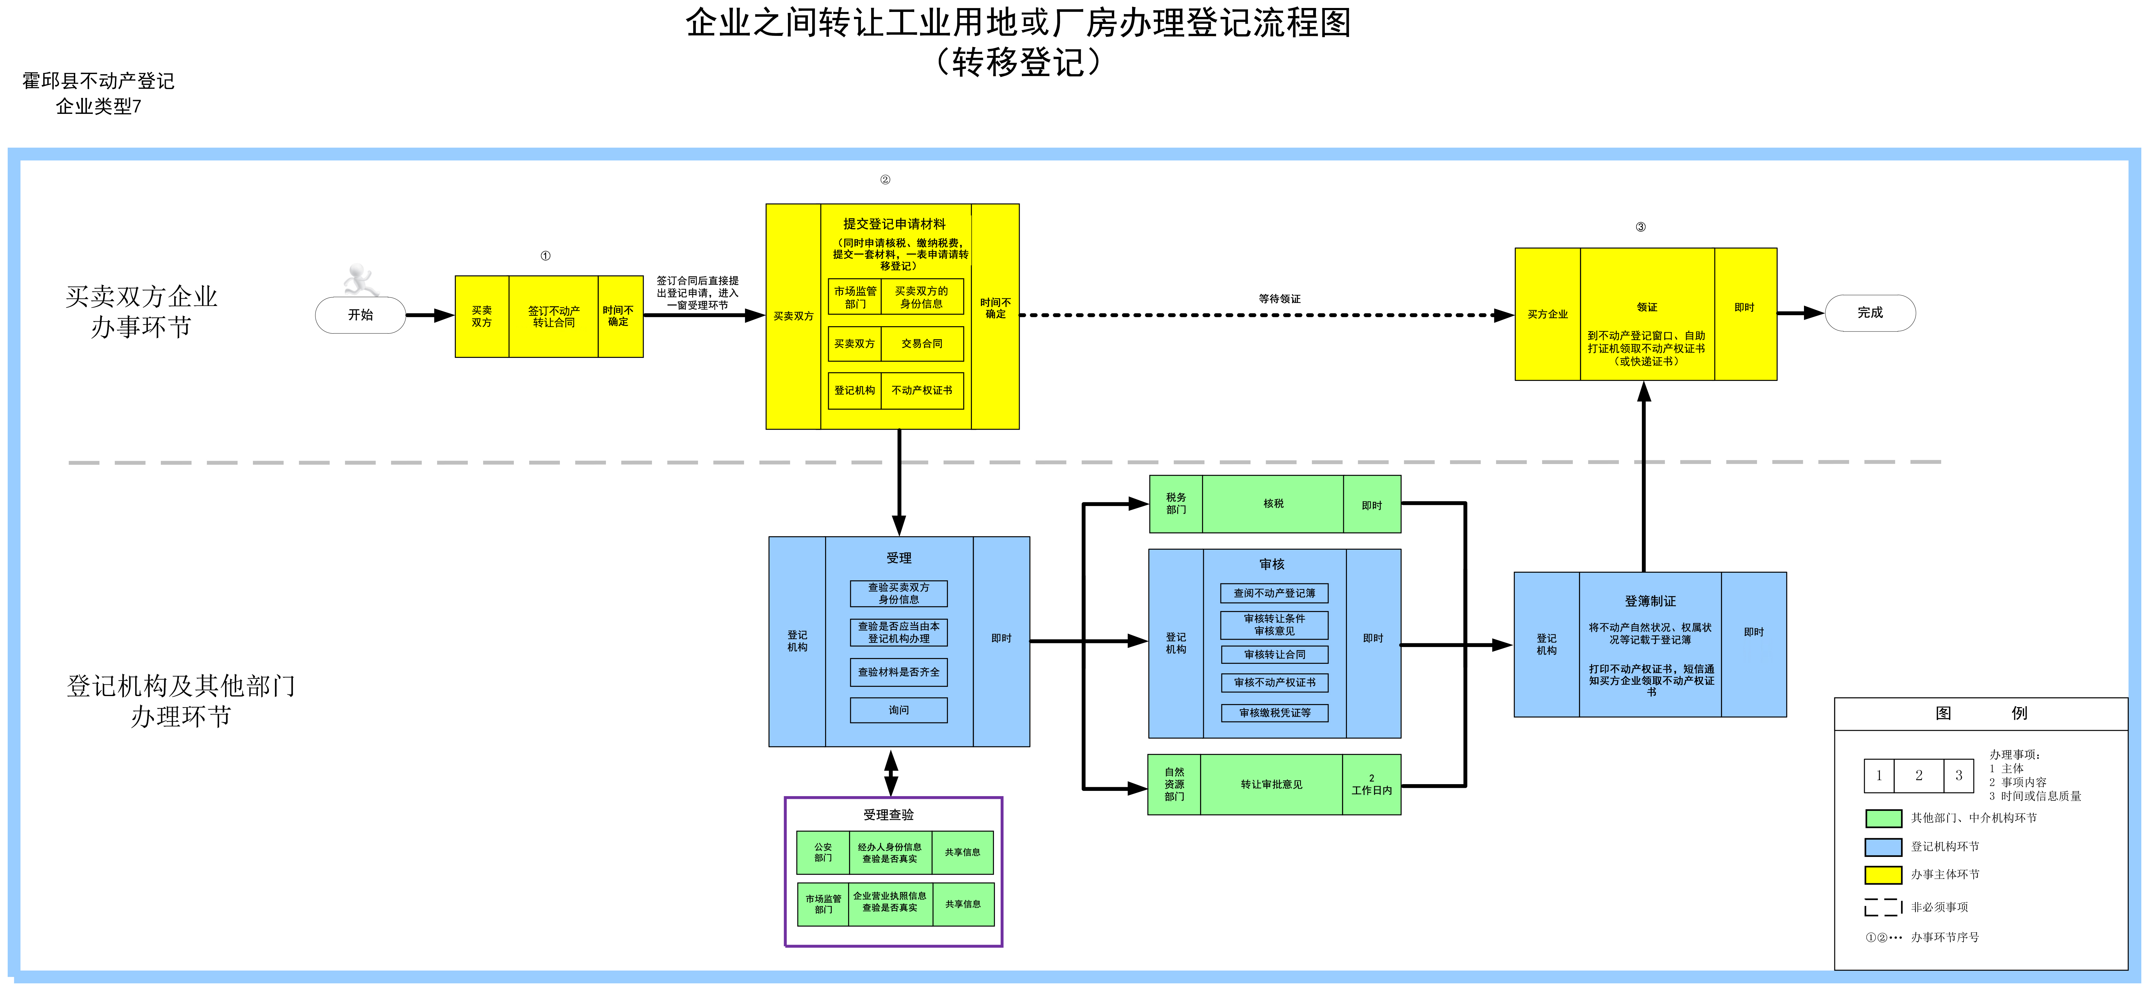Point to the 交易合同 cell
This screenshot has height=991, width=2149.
pyautogui.click(x=922, y=344)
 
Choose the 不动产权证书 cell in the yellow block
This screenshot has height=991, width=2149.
pyautogui.click(x=922, y=390)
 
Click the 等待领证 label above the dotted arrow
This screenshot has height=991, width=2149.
pyautogui.click(x=1279, y=299)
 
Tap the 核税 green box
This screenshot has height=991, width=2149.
pyautogui.click(x=1273, y=504)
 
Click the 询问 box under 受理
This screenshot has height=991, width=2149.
pyautogui.click(x=898, y=710)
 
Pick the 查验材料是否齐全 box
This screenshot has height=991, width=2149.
pyautogui.click(x=898, y=672)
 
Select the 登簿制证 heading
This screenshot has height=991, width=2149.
pyautogui.click(x=1649, y=601)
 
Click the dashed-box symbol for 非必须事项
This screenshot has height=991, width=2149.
pyautogui.click(x=1883, y=907)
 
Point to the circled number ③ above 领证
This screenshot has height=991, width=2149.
pyautogui.click(x=1640, y=227)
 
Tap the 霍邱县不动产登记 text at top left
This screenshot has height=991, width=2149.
pyautogui.click(x=99, y=81)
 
